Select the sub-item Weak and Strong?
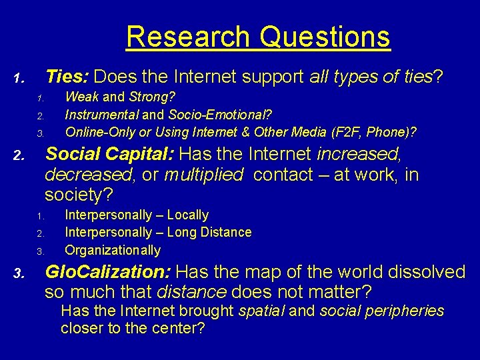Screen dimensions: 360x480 pos(120,97)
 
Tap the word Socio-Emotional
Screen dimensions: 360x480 pos(225,114)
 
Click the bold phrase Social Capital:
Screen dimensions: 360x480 pos(109,154)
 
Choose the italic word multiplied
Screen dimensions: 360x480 pos(203,175)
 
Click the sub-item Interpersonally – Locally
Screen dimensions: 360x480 pos(137,215)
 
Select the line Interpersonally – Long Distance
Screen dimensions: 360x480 pos(158,232)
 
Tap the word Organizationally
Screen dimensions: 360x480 pos(113,250)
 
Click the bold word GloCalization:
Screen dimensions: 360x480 pos(108,272)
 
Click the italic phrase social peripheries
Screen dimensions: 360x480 pos(382,311)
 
